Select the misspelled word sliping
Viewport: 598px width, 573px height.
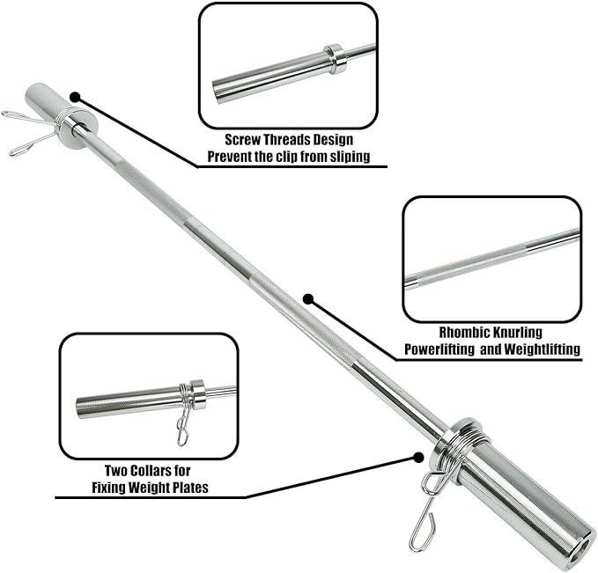pyautogui.click(x=350, y=157)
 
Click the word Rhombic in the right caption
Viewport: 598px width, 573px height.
pyautogui.click(x=462, y=333)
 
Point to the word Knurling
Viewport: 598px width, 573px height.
pyautogui.click(x=516, y=333)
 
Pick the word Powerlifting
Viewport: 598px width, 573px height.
pyautogui.click(x=439, y=349)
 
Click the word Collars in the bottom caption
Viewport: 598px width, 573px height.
pyautogui.click(x=151, y=470)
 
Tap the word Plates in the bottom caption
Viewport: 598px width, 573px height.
pyautogui.click(x=191, y=488)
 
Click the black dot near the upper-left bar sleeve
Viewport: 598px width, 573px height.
pyautogui.click(x=75, y=98)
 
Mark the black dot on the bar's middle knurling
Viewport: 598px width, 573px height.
pyautogui.click(x=308, y=299)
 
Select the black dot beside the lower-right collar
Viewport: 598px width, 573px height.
pyautogui.click(x=418, y=458)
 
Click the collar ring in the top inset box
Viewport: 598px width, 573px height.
pyautogui.click(x=336, y=59)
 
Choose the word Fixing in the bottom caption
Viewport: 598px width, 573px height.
pyautogui.click(x=107, y=488)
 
